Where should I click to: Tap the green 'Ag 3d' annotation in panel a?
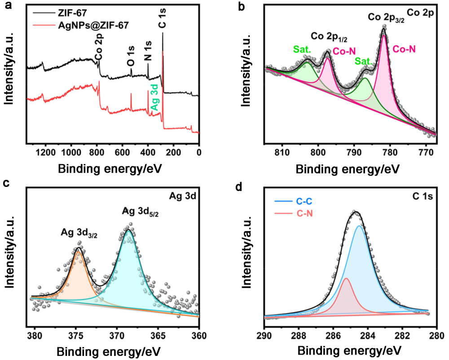(154, 99)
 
